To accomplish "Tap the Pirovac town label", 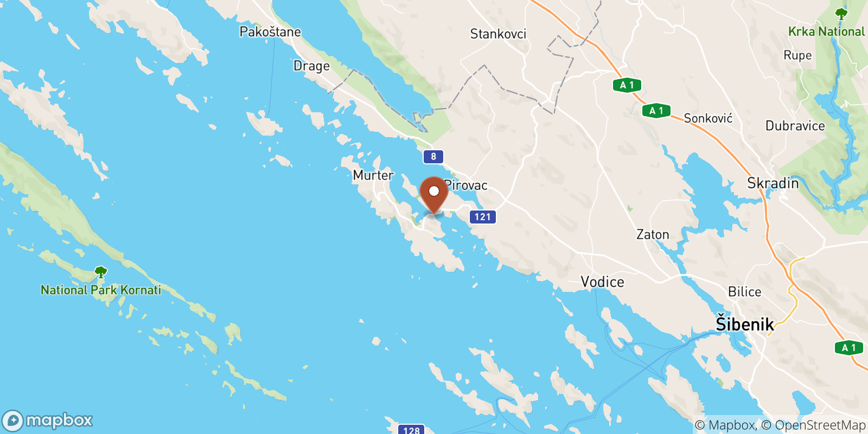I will click(x=467, y=186).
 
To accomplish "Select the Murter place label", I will click(x=373, y=175).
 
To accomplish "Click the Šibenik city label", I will click(x=745, y=324).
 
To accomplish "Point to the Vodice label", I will click(x=602, y=282).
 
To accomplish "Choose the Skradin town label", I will click(x=773, y=183).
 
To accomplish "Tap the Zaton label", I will click(x=653, y=235).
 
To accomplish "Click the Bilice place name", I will click(x=744, y=292).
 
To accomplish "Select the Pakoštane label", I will click(x=270, y=32).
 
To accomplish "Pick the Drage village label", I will click(x=311, y=66).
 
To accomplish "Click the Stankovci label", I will click(x=498, y=34).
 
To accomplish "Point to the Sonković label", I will click(x=708, y=118).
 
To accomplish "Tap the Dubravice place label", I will click(x=795, y=126).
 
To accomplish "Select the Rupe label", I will click(x=797, y=55).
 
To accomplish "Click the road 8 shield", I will click(x=433, y=157).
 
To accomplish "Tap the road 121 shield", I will click(x=482, y=217).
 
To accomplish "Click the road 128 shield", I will click(x=411, y=430).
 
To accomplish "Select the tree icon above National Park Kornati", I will click(x=100, y=272).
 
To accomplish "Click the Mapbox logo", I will click(x=48, y=420).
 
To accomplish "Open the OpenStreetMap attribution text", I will click(x=820, y=425).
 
